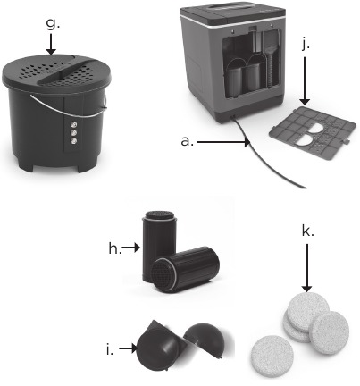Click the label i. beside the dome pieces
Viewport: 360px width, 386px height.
pyautogui.click(x=110, y=349)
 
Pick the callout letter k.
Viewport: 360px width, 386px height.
pyautogui.click(x=307, y=231)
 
